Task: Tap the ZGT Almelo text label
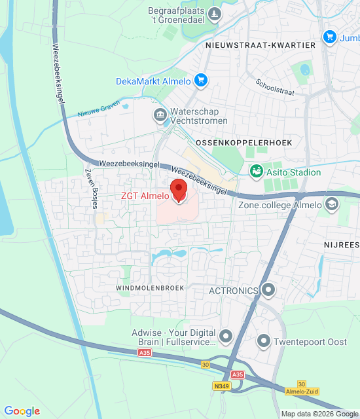point(144,195)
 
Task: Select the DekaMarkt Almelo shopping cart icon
point(200,81)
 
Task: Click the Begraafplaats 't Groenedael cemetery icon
point(213,14)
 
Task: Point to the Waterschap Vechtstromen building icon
point(160,116)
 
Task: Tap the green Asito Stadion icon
point(256,172)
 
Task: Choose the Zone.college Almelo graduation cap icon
point(333,204)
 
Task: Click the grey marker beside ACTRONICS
point(268,289)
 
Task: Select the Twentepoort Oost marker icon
point(264,340)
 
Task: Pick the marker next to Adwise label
point(226,337)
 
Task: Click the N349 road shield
point(222,387)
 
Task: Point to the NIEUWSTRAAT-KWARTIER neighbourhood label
point(260,45)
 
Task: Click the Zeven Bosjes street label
point(91,187)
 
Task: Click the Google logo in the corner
point(22,410)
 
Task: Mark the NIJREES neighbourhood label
point(341,244)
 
